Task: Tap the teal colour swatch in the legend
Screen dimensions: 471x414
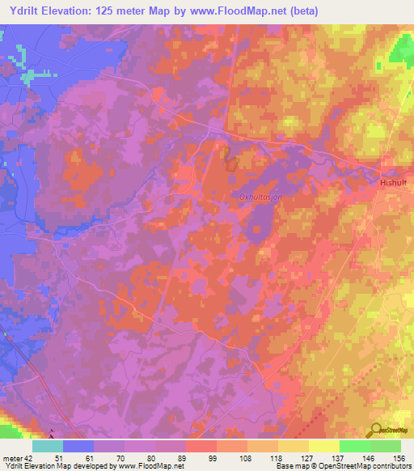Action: [x=48, y=446]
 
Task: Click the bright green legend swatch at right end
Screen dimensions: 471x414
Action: [x=386, y=446]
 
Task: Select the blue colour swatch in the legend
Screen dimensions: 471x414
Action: [x=78, y=446]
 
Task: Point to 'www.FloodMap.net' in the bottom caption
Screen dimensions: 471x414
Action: [x=151, y=466]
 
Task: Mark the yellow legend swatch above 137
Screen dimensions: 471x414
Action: [x=324, y=446]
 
